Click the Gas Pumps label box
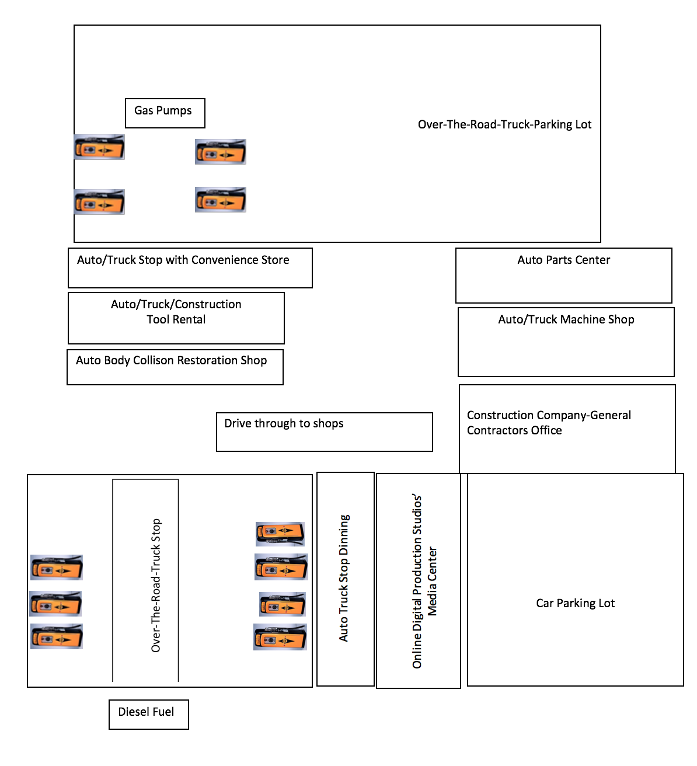[x=165, y=113]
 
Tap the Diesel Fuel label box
[x=149, y=714]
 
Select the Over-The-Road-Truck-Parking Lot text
[x=504, y=124]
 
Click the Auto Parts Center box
[x=563, y=276]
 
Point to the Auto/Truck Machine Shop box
[x=566, y=342]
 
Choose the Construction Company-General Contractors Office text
[x=548, y=422]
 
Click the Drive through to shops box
[x=324, y=431]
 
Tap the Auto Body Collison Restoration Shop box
[x=175, y=367]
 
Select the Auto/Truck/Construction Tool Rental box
[x=176, y=318]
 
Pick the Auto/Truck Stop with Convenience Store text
[x=183, y=260]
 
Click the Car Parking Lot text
[x=575, y=603]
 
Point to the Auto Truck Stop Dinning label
[x=344, y=578]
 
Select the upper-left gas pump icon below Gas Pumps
[x=99, y=147]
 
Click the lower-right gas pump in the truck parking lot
[x=221, y=199]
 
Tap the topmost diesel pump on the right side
[x=280, y=534]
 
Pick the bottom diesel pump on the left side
[x=57, y=636]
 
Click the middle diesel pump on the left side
[x=55, y=603]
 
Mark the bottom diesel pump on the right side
[x=280, y=636]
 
